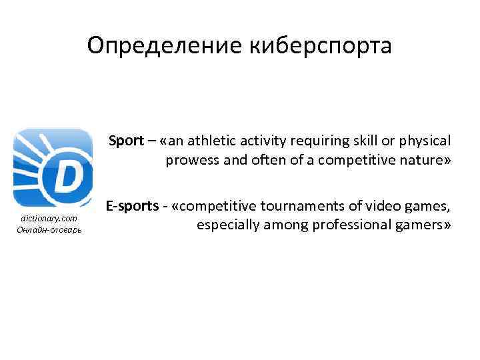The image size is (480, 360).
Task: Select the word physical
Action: coord(423,141)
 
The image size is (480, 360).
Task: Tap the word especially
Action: coord(226,226)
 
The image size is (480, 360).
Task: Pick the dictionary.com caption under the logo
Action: coord(49,219)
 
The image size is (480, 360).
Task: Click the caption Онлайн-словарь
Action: coord(49,230)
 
